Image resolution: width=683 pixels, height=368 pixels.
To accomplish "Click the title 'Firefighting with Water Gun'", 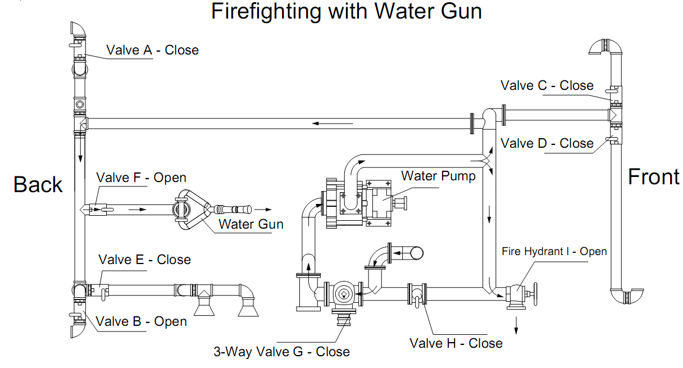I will coord(347,12).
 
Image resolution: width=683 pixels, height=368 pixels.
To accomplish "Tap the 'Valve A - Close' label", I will coord(152,50).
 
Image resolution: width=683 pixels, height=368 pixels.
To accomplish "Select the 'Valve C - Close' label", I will coord(547,85).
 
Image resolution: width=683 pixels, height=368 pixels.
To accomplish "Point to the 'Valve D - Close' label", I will coord(547,143).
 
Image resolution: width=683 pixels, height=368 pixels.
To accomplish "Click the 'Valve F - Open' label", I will coord(141,178).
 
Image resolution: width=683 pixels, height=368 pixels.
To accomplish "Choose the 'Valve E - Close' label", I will coord(144,260).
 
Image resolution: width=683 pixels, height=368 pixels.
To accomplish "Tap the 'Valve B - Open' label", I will coord(141,321).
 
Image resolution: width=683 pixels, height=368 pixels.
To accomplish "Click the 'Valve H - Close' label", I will coord(456,343).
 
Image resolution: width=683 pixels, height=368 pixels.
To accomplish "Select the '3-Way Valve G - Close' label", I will coord(281,352).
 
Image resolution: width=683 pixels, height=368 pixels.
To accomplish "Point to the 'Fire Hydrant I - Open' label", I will coord(554,251).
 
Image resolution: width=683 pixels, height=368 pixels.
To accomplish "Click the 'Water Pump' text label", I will coord(438,176).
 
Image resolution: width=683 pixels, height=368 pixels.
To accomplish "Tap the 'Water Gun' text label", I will coord(251,224).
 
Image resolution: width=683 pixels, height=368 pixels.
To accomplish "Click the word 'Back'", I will coord(38,184).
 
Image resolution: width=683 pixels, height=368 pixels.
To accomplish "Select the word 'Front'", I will coord(653,176).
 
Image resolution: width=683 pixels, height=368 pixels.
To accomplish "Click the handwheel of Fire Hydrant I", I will coord(535,294).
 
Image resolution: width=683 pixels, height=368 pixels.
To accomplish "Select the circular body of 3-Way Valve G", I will coord(342,293).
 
